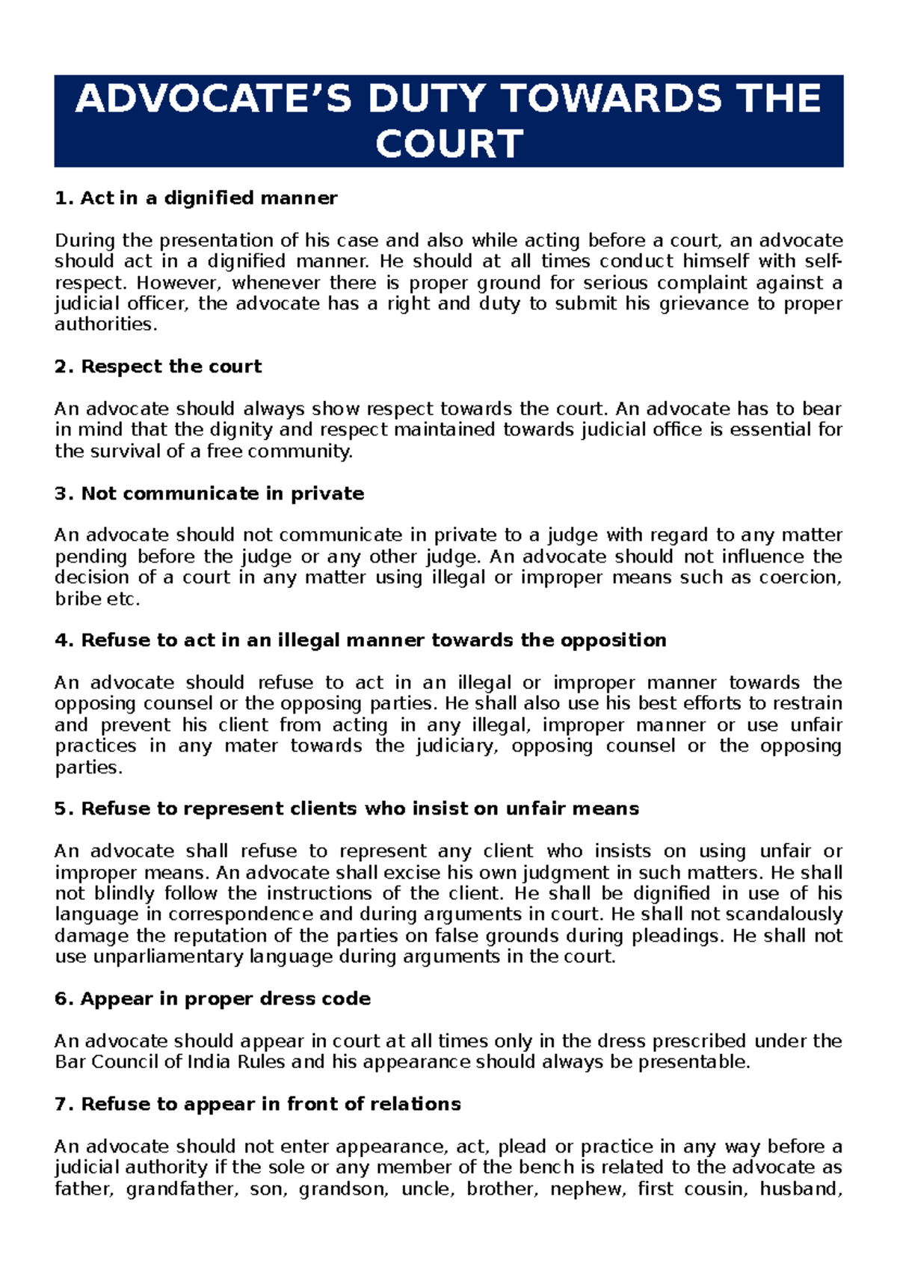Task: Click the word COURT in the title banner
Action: [x=449, y=144]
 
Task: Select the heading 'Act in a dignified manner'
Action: [x=209, y=198]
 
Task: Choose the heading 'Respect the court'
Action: [x=171, y=366]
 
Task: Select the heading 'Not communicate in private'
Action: [x=222, y=494]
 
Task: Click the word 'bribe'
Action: [x=78, y=599]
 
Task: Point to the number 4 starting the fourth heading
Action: [x=61, y=641]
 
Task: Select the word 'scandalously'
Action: [x=784, y=915]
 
